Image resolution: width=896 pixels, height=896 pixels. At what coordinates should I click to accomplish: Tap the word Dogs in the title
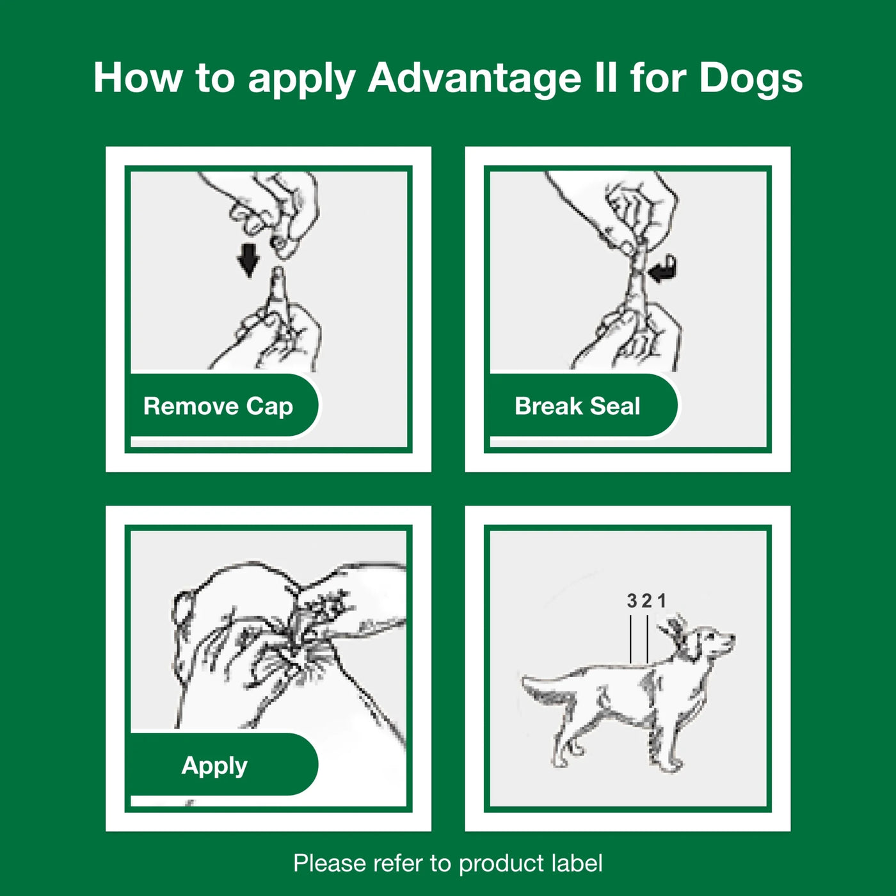[750, 78]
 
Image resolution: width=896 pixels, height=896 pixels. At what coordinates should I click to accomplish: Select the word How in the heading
[137, 78]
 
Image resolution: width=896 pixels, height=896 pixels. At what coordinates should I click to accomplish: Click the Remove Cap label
[219, 406]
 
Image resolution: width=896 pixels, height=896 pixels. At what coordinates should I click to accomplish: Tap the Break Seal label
[577, 406]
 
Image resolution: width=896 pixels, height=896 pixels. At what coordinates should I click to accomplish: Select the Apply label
[214, 765]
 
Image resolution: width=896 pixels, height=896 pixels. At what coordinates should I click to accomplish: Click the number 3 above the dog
[632, 601]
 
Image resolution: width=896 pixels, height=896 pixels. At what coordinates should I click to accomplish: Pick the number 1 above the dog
[662, 601]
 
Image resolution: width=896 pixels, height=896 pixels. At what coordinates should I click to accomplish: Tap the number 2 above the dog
[646, 601]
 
